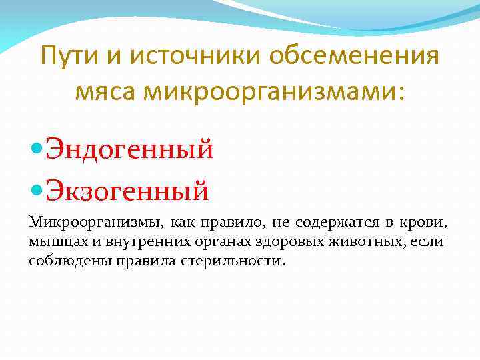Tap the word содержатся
[x=333, y=221]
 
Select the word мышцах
[x=57, y=241]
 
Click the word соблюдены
[x=66, y=261]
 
